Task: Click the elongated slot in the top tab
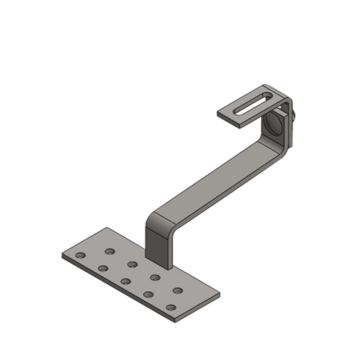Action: [253, 104]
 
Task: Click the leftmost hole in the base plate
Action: [79, 256]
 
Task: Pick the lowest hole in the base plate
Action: [171, 307]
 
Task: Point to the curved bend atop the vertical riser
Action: [158, 216]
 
